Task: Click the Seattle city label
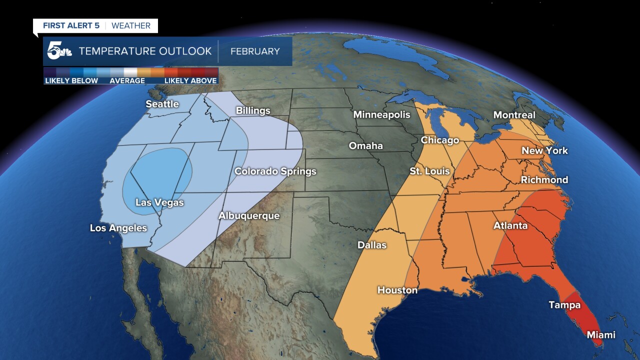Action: tap(162, 104)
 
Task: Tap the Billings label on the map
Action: tap(253, 110)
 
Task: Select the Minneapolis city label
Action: tap(381, 114)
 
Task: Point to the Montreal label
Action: tap(514, 115)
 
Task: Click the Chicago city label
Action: tap(439, 140)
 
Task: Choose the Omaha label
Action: tap(365, 145)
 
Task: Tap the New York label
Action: tap(544, 150)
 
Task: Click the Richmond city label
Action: tap(544, 179)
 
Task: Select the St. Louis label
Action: tap(429, 171)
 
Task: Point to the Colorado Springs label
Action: tap(275, 171)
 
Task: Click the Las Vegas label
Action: tap(159, 202)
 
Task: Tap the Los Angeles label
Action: tap(118, 228)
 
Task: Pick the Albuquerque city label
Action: tap(248, 216)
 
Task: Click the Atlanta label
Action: tap(510, 225)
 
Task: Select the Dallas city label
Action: tap(372, 245)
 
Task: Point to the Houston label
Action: tap(397, 290)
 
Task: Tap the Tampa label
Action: tap(564, 304)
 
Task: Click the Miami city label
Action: tap(600, 334)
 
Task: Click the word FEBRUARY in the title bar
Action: tap(255, 51)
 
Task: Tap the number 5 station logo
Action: tap(55, 51)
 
